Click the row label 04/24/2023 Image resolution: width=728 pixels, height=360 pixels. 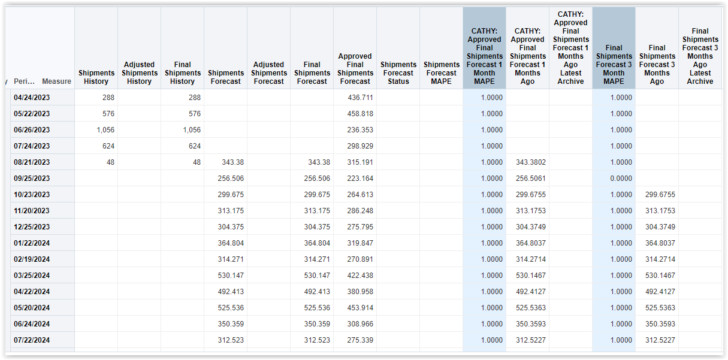tap(32, 98)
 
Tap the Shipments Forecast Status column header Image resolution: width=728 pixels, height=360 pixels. tap(398, 73)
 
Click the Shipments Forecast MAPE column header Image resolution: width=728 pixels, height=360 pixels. tap(441, 73)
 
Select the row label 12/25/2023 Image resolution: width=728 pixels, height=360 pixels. tap(32, 227)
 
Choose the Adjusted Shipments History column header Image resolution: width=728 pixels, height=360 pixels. tap(139, 73)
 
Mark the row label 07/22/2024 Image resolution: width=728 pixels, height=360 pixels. tap(32, 340)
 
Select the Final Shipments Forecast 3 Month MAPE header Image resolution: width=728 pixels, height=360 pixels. tap(614, 65)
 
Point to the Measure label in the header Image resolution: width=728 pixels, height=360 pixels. tap(56, 81)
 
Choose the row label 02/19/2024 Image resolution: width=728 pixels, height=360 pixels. tap(32, 259)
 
